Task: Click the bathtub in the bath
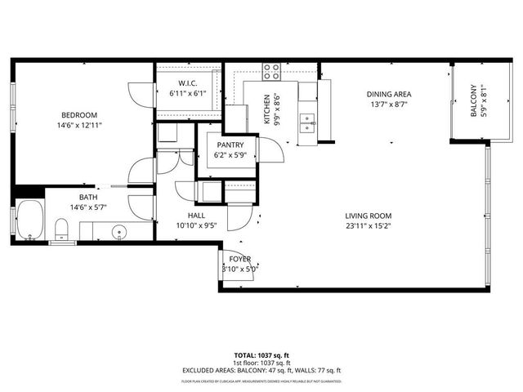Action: click(x=30, y=220)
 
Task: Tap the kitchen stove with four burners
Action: click(x=272, y=71)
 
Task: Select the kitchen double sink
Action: click(x=307, y=122)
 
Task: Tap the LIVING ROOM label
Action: click(x=366, y=216)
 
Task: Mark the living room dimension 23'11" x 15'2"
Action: click(x=366, y=226)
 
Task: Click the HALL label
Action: click(x=195, y=216)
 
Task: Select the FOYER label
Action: click(x=239, y=258)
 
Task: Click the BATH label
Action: click(x=88, y=197)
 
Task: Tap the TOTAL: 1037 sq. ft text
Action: click(x=261, y=356)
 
